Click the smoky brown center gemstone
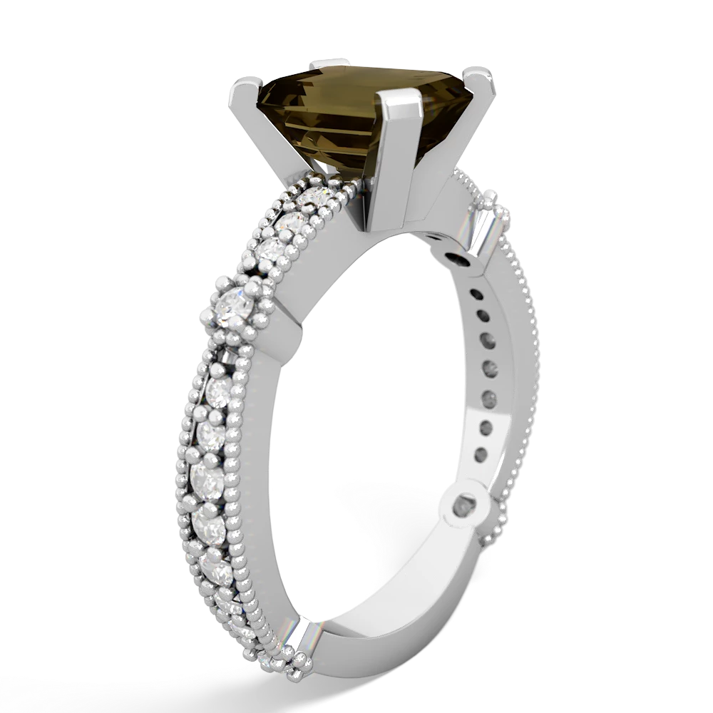pyautogui.click(x=328, y=121)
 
